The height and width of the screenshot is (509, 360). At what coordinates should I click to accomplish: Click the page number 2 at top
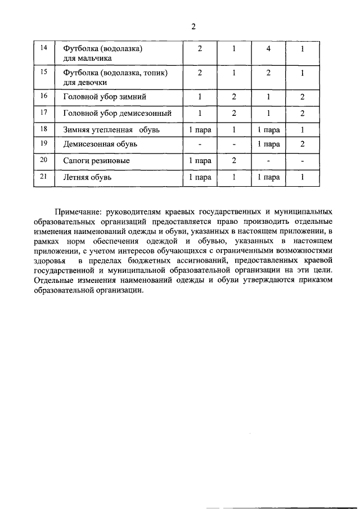tap(193, 26)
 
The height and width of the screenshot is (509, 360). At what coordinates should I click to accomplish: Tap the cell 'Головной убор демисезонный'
tap(117, 113)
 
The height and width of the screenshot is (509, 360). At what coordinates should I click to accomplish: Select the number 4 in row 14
tap(269, 49)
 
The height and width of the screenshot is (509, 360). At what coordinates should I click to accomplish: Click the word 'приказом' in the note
tap(309, 280)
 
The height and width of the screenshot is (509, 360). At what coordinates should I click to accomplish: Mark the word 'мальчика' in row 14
tap(97, 58)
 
